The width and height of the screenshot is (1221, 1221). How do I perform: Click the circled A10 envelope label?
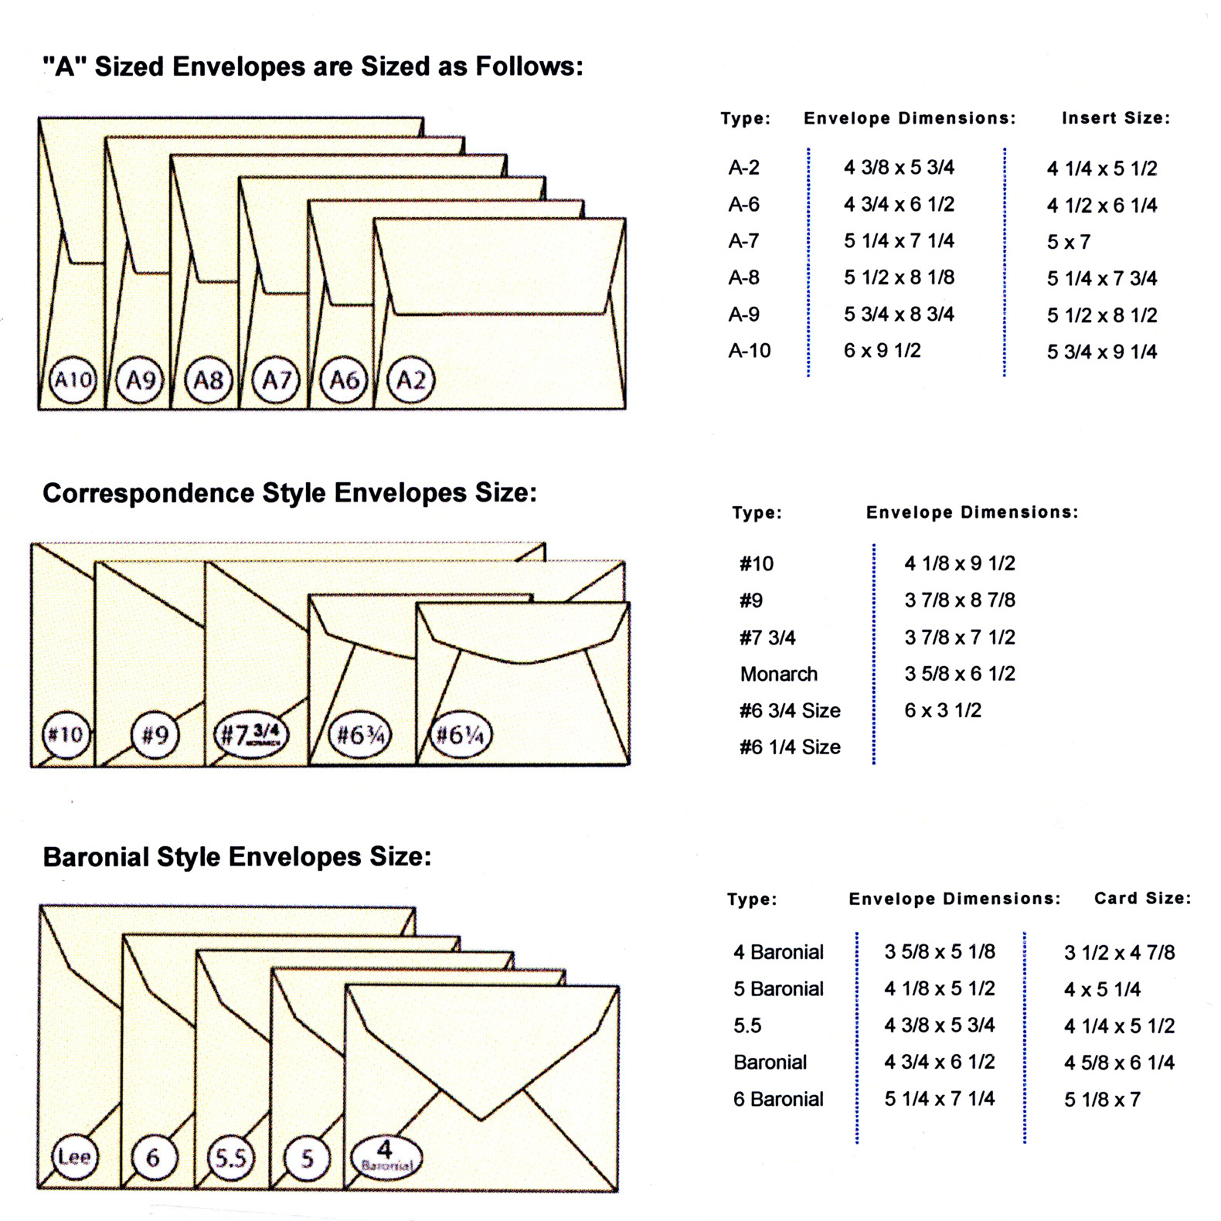coord(73,380)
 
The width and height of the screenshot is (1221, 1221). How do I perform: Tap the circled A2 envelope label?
coord(411,380)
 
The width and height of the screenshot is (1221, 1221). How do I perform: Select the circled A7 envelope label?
coord(277,380)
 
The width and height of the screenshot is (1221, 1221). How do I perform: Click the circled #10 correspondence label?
coord(66,734)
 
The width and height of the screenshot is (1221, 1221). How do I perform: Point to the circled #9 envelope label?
coord(155,734)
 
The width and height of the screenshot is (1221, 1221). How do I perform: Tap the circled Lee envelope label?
coord(75,1156)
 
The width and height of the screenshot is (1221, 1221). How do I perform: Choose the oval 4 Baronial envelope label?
coord(386,1157)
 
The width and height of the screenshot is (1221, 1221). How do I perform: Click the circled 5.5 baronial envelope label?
coord(230,1157)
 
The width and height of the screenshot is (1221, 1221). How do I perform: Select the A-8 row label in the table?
coord(743,277)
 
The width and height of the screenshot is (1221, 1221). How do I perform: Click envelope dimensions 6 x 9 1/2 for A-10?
coord(882,351)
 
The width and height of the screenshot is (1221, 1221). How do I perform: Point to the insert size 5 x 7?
coord(1068,242)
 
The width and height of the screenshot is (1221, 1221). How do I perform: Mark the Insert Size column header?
coord(1115,118)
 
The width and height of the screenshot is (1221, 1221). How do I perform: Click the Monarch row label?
coord(778,674)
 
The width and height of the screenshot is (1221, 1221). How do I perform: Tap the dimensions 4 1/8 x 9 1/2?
coord(959,563)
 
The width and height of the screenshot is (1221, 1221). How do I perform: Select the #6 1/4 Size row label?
coord(790,747)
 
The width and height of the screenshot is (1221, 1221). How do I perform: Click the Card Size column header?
coord(1142,898)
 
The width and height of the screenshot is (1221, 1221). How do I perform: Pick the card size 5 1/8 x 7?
coord(1102,1100)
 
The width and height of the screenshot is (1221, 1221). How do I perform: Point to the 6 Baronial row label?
coord(778,1099)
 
